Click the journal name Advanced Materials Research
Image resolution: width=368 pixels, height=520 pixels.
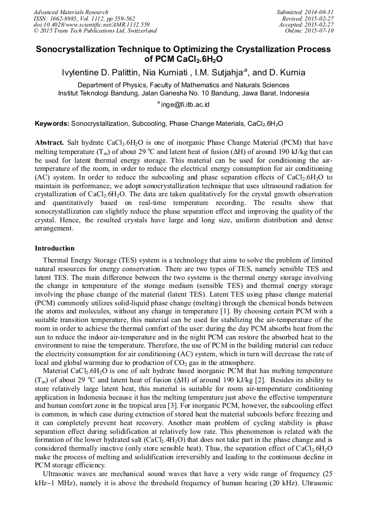[71, 12]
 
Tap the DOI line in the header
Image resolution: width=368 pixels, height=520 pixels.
[92, 25]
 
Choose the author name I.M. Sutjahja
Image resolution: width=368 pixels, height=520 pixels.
[223, 73]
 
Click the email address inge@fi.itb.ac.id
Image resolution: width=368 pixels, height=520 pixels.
[185, 104]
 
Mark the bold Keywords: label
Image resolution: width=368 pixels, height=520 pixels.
[52, 124]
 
